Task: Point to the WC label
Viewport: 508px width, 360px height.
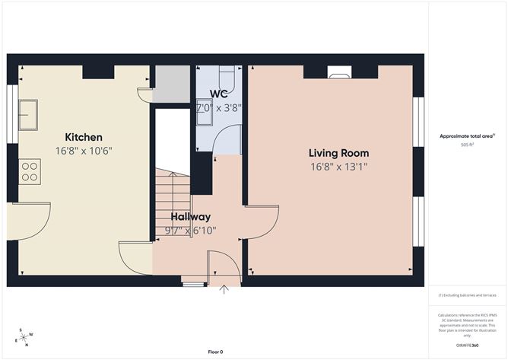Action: click(x=220, y=95)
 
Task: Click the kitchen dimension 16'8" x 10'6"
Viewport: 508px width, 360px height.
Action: click(x=84, y=151)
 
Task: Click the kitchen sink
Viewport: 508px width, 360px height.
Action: click(x=30, y=114)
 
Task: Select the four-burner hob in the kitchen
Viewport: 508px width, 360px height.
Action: click(x=30, y=170)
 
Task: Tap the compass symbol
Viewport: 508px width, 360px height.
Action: click(x=24, y=336)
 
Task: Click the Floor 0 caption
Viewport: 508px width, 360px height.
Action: click(x=216, y=352)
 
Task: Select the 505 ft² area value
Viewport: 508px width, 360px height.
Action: click(x=467, y=145)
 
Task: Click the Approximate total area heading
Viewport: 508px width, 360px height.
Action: click(x=466, y=136)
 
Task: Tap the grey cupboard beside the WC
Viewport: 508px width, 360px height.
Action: click(x=171, y=84)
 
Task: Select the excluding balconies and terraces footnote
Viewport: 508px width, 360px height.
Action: click(x=466, y=295)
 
